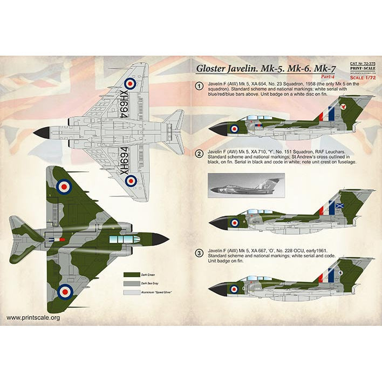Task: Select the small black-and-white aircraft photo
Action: tap(243, 183)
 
